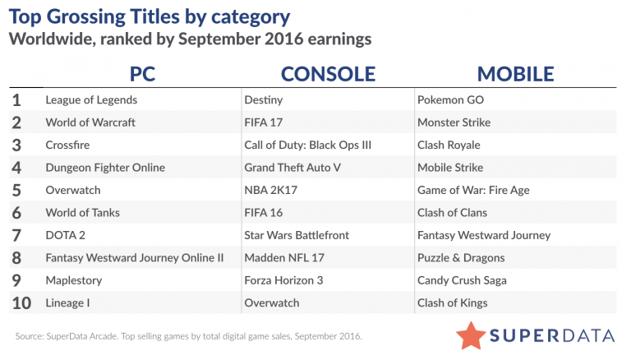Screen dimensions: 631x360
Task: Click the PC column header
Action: coord(142,74)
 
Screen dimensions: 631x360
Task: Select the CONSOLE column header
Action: coord(328,74)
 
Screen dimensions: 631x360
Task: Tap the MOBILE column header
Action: coord(515,74)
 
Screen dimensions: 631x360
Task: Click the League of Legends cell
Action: coord(91,100)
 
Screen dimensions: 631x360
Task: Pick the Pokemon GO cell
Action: coord(450,100)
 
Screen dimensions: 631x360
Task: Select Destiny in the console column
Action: coord(264,100)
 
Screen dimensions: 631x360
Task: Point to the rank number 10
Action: coord(21,303)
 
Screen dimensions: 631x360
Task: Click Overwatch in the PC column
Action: coord(73,190)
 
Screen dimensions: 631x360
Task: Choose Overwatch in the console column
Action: coord(272,302)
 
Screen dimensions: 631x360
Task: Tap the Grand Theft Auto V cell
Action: coord(292,168)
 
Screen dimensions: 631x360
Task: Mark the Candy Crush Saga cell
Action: coord(462,280)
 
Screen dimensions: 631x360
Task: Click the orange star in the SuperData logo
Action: coord(471,335)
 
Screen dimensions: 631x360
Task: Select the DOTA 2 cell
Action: coord(65,235)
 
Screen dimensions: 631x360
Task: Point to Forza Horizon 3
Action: coord(283,280)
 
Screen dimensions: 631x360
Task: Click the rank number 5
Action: coord(16,191)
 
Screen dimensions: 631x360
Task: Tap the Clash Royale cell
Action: coord(449,145)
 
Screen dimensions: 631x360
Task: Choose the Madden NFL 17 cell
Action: coord(284,258)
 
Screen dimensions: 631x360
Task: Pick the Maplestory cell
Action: coord(74,280)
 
